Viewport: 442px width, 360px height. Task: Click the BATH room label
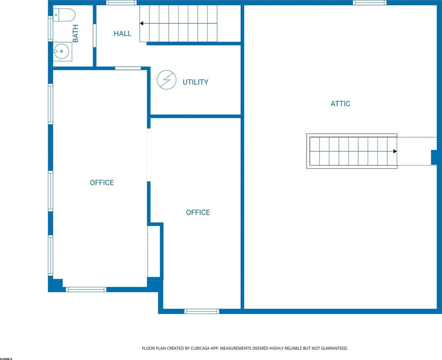tap(75, 34)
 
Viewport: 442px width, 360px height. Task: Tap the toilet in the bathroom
tap(64, 15)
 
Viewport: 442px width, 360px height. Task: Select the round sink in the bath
tap(61, 51)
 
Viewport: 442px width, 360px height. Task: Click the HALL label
tap(123, 34)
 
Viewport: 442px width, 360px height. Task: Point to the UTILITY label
tap(195, 82)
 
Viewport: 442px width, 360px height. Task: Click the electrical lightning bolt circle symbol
tap(166, 80)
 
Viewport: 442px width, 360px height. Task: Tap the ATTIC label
tap(340, 104)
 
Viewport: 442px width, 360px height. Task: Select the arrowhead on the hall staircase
tap(142, 23)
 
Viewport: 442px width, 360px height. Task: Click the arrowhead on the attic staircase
tap(395, 151)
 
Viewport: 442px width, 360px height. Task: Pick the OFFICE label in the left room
tap(102, 183)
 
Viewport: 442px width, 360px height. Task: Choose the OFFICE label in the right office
tap(198, 212)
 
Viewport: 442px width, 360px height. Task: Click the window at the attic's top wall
tap(369, 2)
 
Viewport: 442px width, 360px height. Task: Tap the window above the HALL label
tap(121, 2)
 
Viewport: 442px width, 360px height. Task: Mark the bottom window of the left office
tap(86, 290)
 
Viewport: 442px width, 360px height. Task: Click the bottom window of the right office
tap(202, 311)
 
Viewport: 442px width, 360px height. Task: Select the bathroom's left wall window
tap(51, 29)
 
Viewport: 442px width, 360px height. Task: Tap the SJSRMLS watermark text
tap(6, 359)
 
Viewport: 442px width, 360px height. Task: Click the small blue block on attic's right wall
tap(434, 157)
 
